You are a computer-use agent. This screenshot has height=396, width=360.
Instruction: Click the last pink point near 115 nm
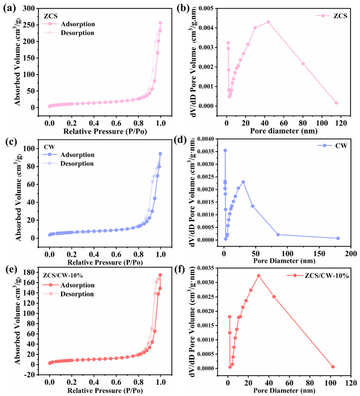[x=336, y=103]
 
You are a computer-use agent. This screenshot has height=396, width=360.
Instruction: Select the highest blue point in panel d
[x=225, y=150]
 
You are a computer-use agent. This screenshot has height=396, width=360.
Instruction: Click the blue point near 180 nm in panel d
[x=338, y=238]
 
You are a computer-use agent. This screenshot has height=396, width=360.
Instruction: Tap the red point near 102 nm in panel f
[x=333, y=367]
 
